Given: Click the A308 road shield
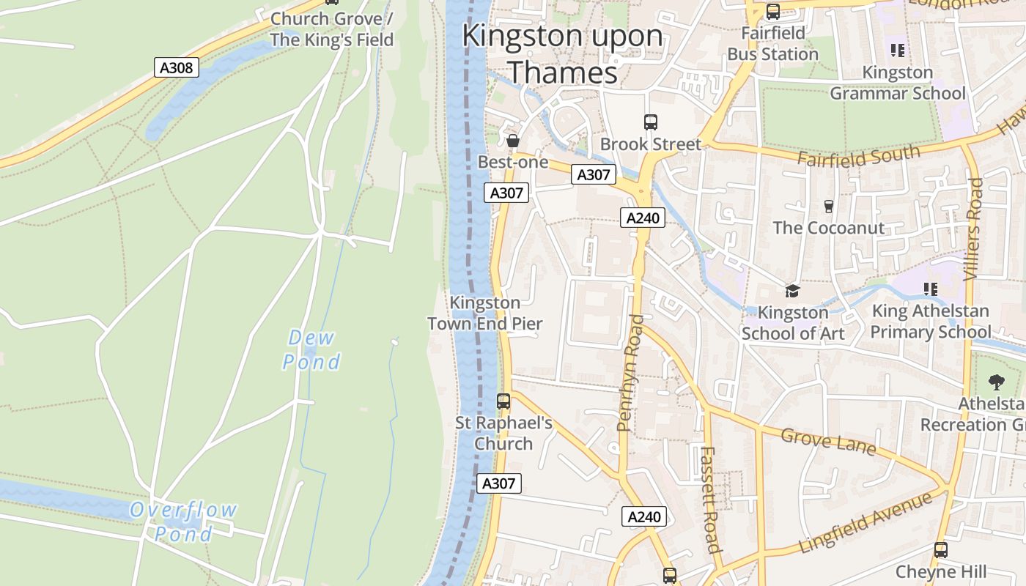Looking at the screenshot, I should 177,68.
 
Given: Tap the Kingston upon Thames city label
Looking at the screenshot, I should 562,54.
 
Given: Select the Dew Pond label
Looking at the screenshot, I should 311,349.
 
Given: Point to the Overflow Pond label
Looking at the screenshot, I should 183,521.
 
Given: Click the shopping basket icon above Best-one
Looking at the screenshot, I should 513,140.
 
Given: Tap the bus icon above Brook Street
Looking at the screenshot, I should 651,122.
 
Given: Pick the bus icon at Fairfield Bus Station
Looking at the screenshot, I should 773,12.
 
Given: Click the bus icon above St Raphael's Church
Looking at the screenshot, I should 503,401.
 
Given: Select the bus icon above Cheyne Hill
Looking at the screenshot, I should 941,549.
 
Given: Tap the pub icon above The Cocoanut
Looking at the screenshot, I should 829,207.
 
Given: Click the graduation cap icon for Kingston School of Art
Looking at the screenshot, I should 792,292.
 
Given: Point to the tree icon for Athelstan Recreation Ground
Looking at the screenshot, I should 996,382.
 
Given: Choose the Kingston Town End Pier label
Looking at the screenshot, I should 485,313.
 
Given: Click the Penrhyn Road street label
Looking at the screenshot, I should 630,372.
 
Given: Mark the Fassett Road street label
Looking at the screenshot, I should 709,499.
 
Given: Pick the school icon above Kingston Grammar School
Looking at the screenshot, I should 898,51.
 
